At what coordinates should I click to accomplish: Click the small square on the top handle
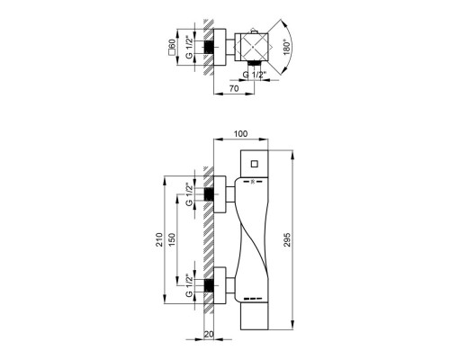(x=255, y=164)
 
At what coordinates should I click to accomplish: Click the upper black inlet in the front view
(x=213, y=193)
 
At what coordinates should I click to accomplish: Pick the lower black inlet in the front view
(x=213, y=287)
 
